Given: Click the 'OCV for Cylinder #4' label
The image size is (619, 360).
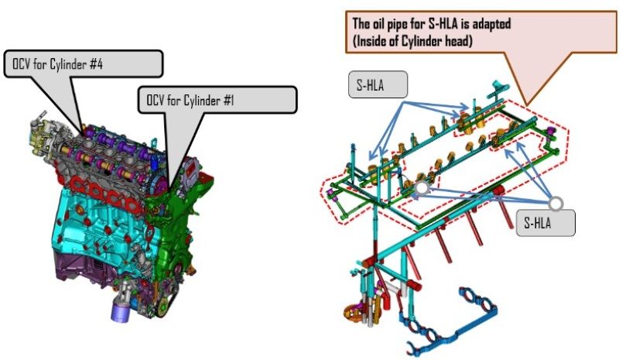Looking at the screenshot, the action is point(57,64).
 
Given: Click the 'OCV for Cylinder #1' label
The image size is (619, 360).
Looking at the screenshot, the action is point(190,100).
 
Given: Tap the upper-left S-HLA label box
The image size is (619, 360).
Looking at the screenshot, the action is point(378,84).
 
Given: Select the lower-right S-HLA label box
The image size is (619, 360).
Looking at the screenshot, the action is point(545,223).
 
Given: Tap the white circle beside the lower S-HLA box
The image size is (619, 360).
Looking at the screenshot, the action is point(556,204).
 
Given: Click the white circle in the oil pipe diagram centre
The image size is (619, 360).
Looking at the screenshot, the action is point(422,188).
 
